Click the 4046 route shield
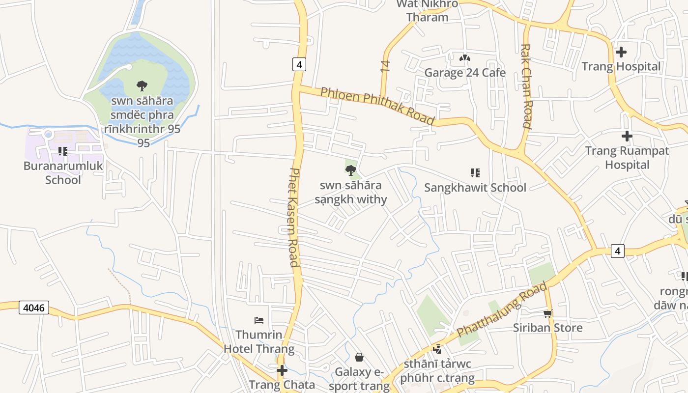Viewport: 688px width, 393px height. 34,308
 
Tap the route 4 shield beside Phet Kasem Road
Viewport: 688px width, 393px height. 299,64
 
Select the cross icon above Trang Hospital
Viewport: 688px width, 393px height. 621,52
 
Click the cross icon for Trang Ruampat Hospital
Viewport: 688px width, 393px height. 627,136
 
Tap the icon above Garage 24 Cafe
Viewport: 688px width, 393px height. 464,58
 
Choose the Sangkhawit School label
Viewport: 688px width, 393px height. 475,188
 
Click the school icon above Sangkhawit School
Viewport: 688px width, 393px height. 475,172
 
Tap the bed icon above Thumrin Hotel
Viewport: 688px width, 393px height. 259,320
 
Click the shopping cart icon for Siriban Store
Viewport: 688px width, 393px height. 547,313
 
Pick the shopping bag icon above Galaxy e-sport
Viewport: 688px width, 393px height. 359,357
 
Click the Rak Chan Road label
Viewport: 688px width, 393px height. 526,86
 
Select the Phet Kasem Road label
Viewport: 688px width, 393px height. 293,218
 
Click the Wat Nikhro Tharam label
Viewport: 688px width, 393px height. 428,11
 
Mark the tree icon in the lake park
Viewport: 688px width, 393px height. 142,86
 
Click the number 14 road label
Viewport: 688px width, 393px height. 385,66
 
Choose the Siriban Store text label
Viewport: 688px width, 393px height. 547,328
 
